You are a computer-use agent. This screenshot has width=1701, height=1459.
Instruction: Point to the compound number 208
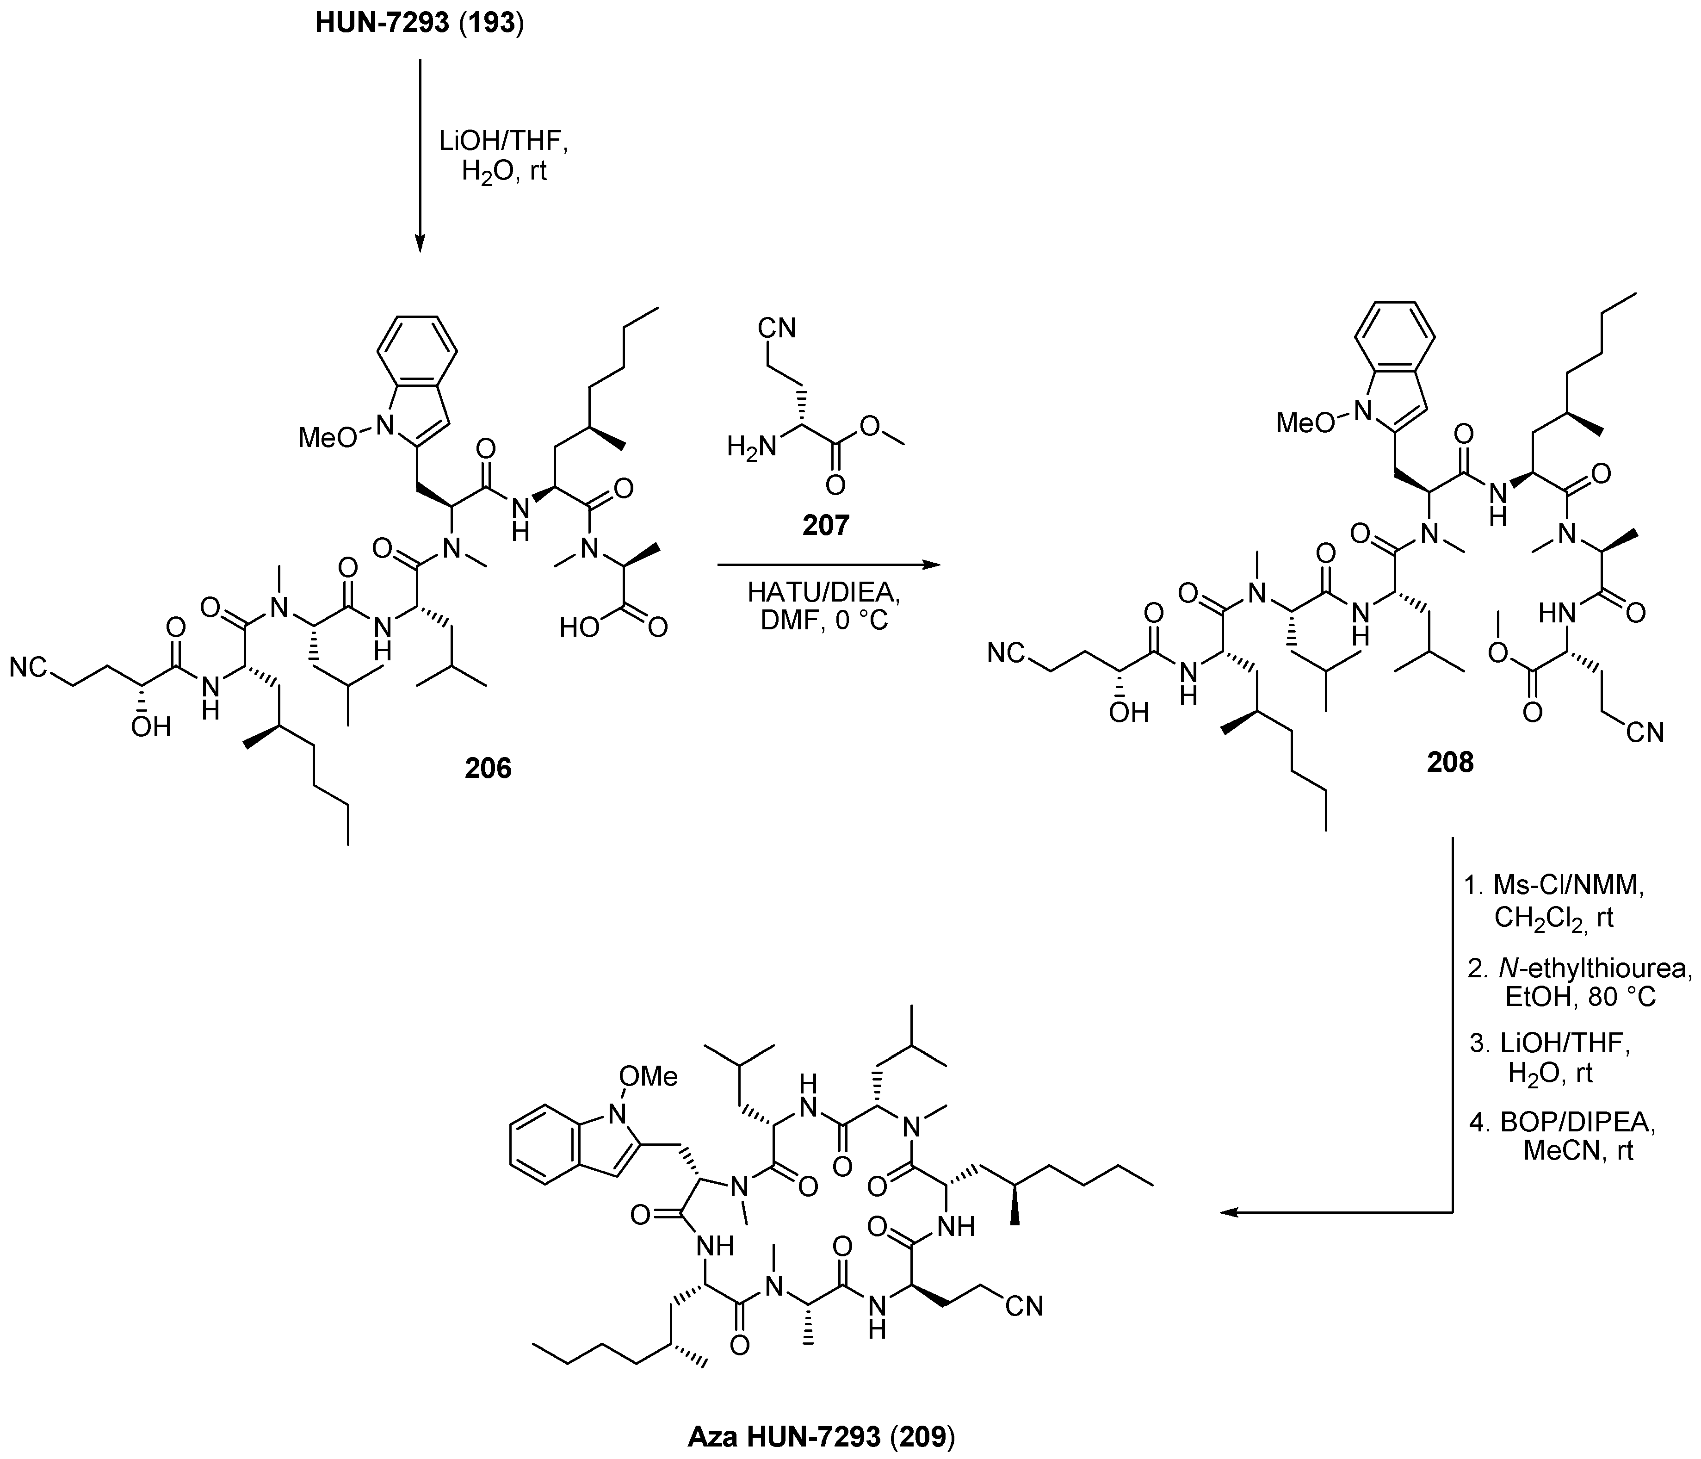[1450, 762]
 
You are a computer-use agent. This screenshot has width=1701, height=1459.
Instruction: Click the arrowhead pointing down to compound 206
[420, 244]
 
